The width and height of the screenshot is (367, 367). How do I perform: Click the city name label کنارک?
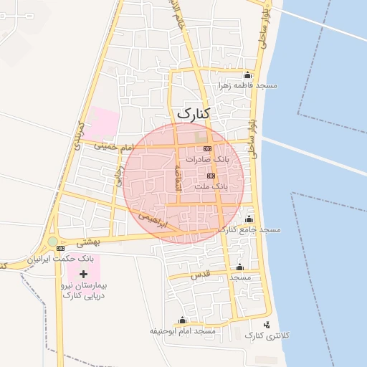(193, 113)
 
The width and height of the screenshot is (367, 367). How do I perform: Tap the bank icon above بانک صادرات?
(207, 148)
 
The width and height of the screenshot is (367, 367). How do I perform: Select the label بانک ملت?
(211, 186)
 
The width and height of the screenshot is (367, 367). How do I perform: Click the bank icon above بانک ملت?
(211, 176)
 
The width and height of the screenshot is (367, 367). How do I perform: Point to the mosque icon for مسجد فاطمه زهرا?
(248, 75)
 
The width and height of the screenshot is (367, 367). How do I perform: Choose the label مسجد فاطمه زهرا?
(248, 85)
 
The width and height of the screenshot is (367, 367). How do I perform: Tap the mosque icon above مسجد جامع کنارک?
(249, 219)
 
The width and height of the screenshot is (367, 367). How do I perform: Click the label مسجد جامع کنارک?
(249, 229)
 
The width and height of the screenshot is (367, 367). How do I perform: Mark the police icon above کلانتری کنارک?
(267, 325)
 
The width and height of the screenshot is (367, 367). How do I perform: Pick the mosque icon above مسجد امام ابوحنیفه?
(182, 320)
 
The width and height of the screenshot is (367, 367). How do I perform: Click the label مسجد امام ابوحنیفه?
(182, 331)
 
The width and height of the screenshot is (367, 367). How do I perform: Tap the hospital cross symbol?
(84, 274)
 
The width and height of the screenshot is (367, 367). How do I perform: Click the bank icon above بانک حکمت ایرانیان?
(60, 248)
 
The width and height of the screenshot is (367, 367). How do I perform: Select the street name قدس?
(199, 275)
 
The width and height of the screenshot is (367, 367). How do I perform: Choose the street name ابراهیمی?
(153, 219)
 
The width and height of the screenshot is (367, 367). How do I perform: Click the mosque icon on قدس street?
(240, 267)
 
